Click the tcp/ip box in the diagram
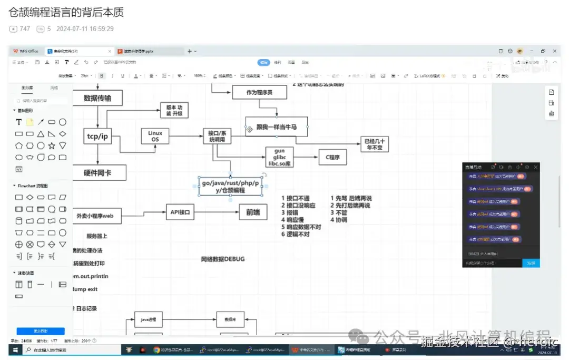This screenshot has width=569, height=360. coord(97,137)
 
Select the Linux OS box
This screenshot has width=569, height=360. coord(155,137)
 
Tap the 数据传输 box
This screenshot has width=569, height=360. coord(97,98)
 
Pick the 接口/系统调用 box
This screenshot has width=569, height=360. coord(218,136)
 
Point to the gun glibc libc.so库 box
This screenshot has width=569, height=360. coord(279,157)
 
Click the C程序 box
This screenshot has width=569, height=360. coord(333,157)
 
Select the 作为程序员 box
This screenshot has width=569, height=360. coord(259,92)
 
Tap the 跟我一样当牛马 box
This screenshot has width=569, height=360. coord(277,127)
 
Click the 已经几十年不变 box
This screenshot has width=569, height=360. coord(375,144)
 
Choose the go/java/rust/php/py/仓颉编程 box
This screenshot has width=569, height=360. coord(230,187)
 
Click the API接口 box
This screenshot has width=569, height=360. coord(180,212)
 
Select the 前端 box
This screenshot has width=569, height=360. coord(253,212)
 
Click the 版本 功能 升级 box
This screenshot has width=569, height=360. coord(174,110)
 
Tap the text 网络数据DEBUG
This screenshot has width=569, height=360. coord(223,259)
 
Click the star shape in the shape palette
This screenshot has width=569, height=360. coord(52,145)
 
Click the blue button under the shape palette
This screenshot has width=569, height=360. coord(41,331)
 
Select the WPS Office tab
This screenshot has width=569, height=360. coord(26,51)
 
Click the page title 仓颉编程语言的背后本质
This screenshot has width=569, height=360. coord(66,12)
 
